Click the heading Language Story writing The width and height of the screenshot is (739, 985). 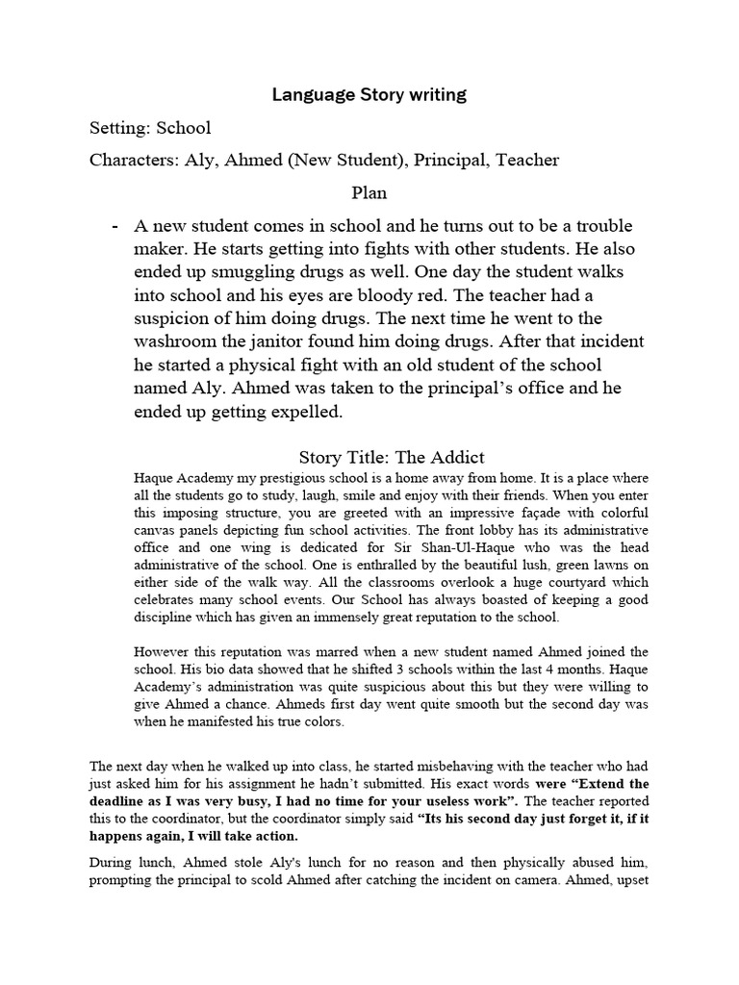[369, 94]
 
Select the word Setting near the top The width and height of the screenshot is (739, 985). [118, 128]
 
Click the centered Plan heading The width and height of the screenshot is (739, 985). [369, 192]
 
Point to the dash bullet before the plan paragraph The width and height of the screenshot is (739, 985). [116, 227]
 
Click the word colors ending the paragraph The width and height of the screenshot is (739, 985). [320, 720]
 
